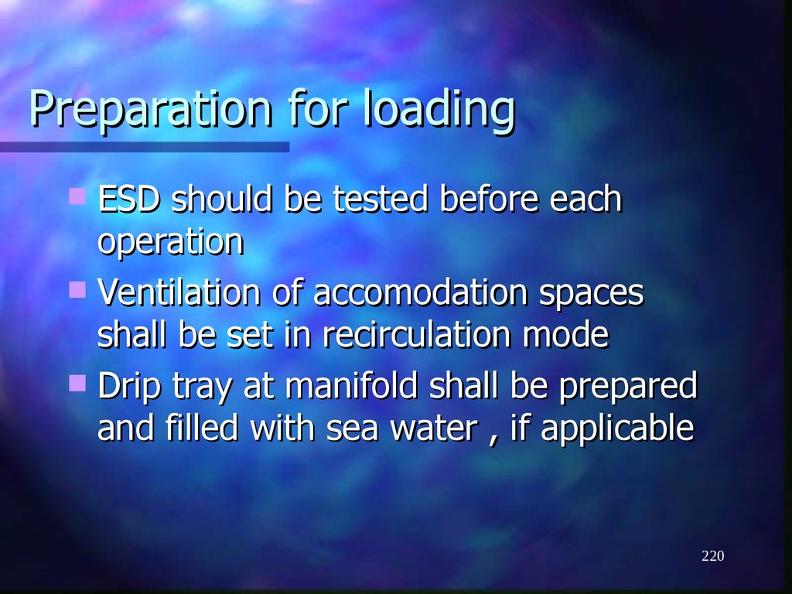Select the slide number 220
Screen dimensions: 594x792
[713, 556]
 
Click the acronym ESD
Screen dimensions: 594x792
[129, 200]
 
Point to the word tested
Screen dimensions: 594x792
[381, 200]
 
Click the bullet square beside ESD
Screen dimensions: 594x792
[77, 196]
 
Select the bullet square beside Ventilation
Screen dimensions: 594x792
[77, 290]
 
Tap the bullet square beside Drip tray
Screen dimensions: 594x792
[77, 382]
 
